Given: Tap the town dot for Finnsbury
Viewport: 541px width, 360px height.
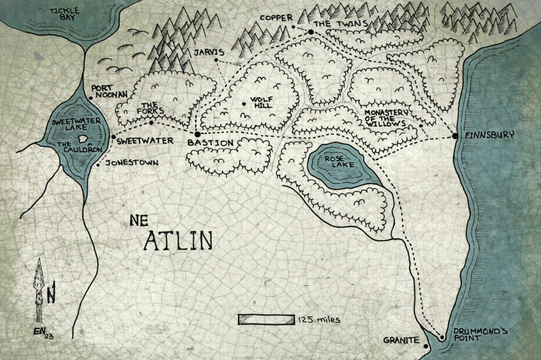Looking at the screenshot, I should (x=455, y=136).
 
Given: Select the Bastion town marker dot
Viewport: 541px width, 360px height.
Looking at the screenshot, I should (x=198, y=135).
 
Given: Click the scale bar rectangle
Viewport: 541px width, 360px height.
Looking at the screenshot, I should (x=266, y=319).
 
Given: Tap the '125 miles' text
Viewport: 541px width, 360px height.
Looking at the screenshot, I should (x=319, y=319).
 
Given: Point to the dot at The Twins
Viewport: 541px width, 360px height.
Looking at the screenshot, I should (x=310, y=31).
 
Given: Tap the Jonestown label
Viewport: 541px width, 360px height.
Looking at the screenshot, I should (x=132, y=164).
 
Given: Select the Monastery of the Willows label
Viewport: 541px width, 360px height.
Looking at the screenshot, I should (x=386, y=118).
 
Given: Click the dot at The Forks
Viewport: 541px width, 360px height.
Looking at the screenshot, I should (x=151, y=122).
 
